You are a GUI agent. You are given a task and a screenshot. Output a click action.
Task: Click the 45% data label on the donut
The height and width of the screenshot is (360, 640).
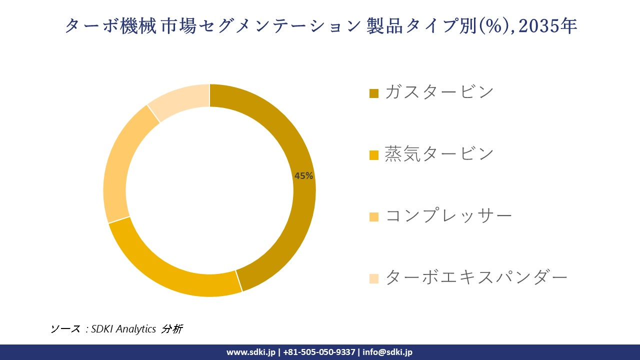303,176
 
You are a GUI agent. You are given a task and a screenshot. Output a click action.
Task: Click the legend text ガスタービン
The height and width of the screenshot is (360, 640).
439,92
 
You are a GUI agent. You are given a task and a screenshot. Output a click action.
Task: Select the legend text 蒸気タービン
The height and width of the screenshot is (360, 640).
439,154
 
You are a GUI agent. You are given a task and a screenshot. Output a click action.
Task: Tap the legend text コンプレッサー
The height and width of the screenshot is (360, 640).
448,216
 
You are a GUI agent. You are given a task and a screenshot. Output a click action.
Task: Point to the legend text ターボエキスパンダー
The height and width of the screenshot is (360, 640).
476,277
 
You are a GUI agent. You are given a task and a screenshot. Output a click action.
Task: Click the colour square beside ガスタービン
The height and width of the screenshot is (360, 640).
374,93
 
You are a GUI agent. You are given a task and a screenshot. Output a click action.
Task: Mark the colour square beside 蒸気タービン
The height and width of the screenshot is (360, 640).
374,155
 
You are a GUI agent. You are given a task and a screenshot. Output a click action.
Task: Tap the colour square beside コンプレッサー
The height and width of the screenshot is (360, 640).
374,217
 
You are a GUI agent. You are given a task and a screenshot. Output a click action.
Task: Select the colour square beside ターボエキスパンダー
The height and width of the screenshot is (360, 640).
374,278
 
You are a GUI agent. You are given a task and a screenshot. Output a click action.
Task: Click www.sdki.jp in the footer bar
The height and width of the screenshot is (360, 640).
250,352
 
